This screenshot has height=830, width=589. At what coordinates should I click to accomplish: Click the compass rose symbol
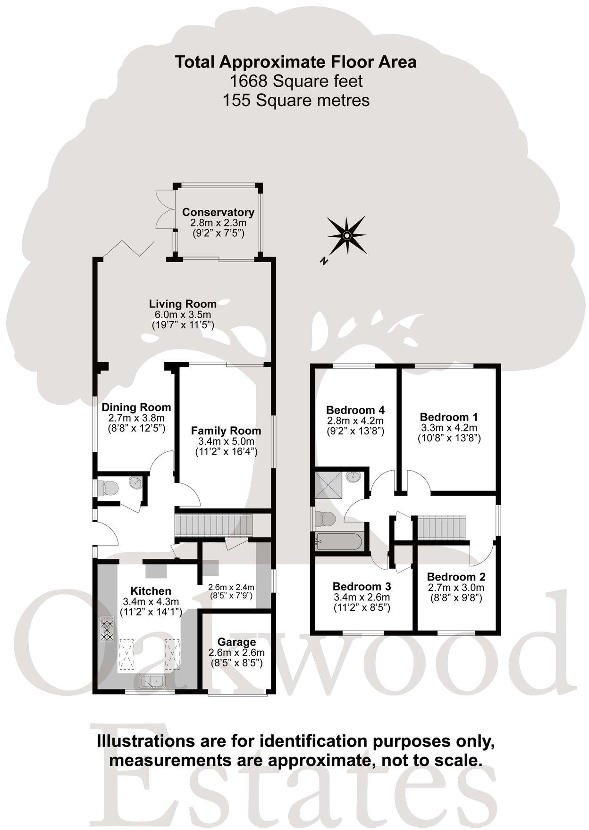pyautogui.click(x=346, y=235)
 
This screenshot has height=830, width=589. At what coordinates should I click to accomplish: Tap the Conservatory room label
pyautogui.click(x=218, y=212)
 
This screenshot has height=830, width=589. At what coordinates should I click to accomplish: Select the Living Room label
pyautogui.click(x=183, y=304)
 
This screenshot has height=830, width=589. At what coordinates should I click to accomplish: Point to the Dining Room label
pyautogui.click(x=136, y=407)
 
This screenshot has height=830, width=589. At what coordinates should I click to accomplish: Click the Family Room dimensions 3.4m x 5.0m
pyautogui.click(x=226, y=441)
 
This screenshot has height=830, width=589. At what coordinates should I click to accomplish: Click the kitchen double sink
pyautogui.click(x=151, y=681)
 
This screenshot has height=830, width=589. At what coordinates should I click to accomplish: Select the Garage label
pyautogui.click(x=236, y=642)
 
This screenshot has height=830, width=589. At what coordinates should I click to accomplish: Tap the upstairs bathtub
pyautogui.click(x=340, y=541)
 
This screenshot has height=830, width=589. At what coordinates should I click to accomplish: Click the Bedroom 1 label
pyautogui.click(x=449, y=417)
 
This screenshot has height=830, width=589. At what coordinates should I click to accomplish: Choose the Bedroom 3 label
pyautogui.click(x=362, y=587)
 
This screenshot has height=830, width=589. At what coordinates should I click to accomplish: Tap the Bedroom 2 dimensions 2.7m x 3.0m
pyautogui.click(x=455, y=588)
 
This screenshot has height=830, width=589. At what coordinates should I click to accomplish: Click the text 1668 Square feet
pyautogui.click(x=296, y=81)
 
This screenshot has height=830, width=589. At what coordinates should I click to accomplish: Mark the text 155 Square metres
pyautogui.click(x=296, y=100)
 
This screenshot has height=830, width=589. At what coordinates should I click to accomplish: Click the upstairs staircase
pyautogui.click(x=442, y=527)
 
